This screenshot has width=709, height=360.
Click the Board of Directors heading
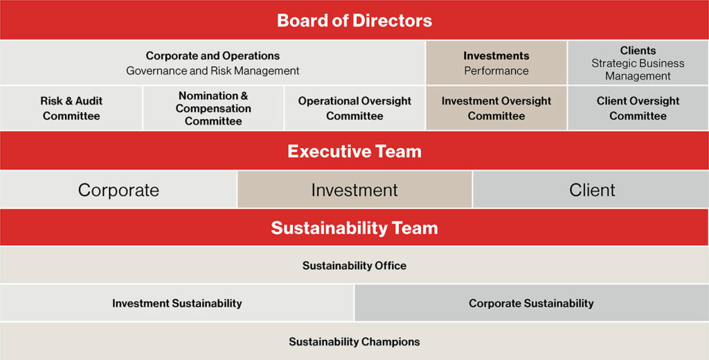[354, 20]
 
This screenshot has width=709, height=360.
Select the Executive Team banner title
[354, 152]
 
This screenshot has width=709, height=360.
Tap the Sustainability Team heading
[354, 228]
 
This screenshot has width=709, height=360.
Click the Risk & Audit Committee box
[71, 109]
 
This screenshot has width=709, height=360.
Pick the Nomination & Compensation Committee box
[213, 109]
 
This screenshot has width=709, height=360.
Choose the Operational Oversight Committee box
[354, 109]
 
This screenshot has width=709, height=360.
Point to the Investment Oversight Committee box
[496, 109]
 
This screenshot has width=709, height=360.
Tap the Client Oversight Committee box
[638, 109]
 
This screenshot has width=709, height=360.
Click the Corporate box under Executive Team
[118, 190]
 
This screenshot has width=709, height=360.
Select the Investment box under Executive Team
[354, 190]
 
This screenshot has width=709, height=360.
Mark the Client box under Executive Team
[591, 190]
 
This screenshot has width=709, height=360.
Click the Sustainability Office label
[354, 265]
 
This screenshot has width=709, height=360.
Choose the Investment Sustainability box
[177, 303]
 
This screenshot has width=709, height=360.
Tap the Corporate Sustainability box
[532, 303]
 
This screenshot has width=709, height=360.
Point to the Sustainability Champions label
[354, 341]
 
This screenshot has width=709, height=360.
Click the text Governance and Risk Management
[213, 71]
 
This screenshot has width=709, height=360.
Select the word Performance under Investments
[496, 71]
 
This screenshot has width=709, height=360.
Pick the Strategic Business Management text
[638, 70]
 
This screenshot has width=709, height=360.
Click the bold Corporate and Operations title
[213, 56]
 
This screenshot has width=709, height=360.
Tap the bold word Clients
[638, 51]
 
